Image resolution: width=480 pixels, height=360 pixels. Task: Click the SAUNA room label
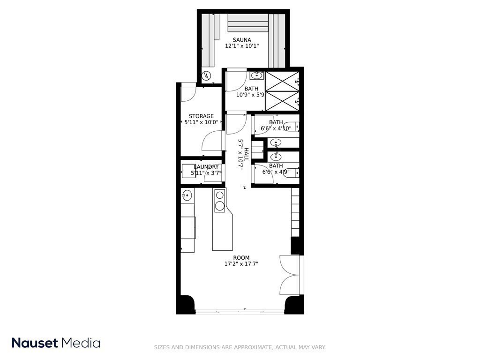click(242, 40)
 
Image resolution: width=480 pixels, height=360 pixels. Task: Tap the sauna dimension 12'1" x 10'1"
click(242, 46)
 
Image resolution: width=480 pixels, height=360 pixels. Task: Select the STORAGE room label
click(201, 116)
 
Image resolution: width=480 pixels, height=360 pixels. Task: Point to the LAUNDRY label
click(206, 167)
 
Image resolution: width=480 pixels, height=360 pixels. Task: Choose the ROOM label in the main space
click(241, 258)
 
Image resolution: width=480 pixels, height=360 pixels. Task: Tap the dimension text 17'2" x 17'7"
click(241, 264)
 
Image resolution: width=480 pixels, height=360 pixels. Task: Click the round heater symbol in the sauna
click(207, 75)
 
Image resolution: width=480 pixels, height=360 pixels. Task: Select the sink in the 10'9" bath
click(256, 75)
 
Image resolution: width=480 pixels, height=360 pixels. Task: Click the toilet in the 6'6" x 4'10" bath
click(291, 127)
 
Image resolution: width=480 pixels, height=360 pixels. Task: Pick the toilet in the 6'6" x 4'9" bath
click(292, 172)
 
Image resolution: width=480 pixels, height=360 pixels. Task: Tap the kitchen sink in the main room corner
click(187, 195)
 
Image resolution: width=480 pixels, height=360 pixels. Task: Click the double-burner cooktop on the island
click(219, 201)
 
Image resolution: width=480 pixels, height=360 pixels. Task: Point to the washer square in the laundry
click(188, 171)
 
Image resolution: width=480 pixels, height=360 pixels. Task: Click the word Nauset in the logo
click(35, 343)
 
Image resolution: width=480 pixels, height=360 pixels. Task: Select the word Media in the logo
click(81, 343)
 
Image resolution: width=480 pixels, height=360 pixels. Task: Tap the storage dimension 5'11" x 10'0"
click(201, 122)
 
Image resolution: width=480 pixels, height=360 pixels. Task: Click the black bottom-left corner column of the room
click(186, 304)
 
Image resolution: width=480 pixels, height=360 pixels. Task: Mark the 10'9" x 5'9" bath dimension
click(250, 95)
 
